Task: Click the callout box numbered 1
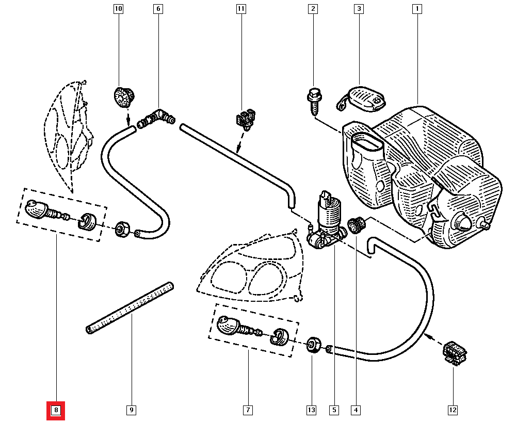pyautogui.click(x=416, y=9)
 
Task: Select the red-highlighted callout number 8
pyautogui.click(x=56, y=411)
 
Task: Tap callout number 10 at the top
pyautogui.click(x=119, y=9)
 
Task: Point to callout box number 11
pyautogui.click(x=241, y=9)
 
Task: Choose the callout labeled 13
pyautogui.click(x=311, y=411)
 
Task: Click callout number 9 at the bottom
pyautogui.click(x=131, y=411)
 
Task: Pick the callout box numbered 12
pyautogui.click(x=453, y=411)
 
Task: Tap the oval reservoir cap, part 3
pyautogui.click(x=364, y=97)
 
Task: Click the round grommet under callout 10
pyautogui.click(x=123, y=96)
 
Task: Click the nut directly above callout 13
pyautogui.click(x=312, y=345)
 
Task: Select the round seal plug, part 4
pyautogui.click(x=355, y=224)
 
